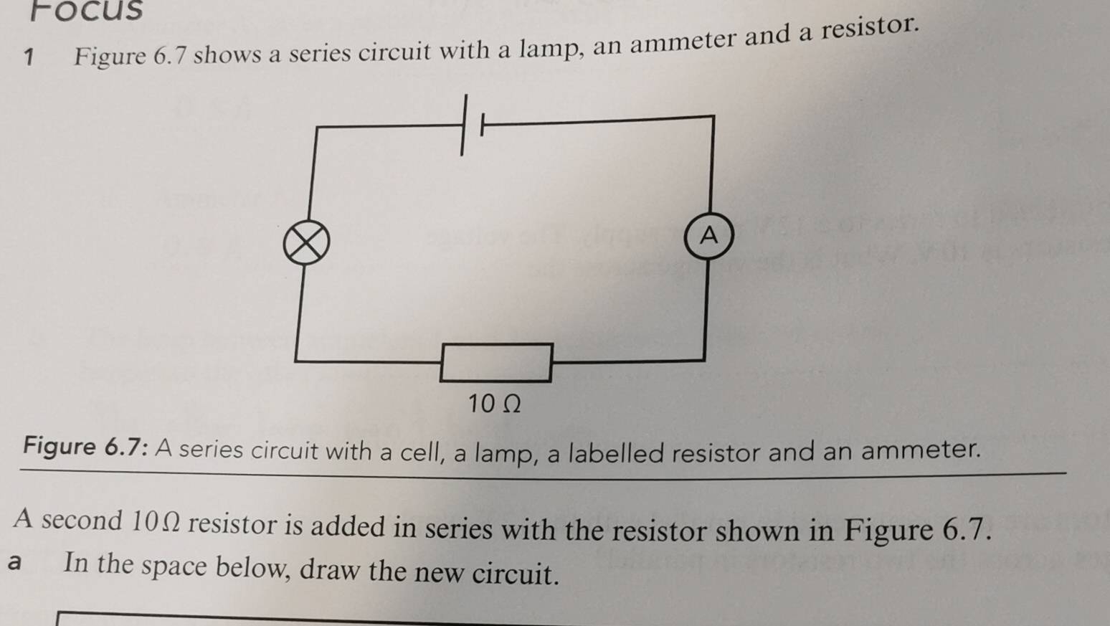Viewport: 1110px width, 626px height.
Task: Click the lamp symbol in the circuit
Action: coord(306,242)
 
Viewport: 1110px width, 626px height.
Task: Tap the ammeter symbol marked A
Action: coord(709,235)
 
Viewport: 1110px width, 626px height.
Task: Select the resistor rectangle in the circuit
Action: coord(496,363)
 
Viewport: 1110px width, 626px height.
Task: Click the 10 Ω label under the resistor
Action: coord(494,404)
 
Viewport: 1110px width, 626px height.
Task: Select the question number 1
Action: coord(29,57)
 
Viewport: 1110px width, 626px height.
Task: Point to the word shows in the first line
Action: coord(227,54)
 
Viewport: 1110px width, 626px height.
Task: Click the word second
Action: coord(82,520)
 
